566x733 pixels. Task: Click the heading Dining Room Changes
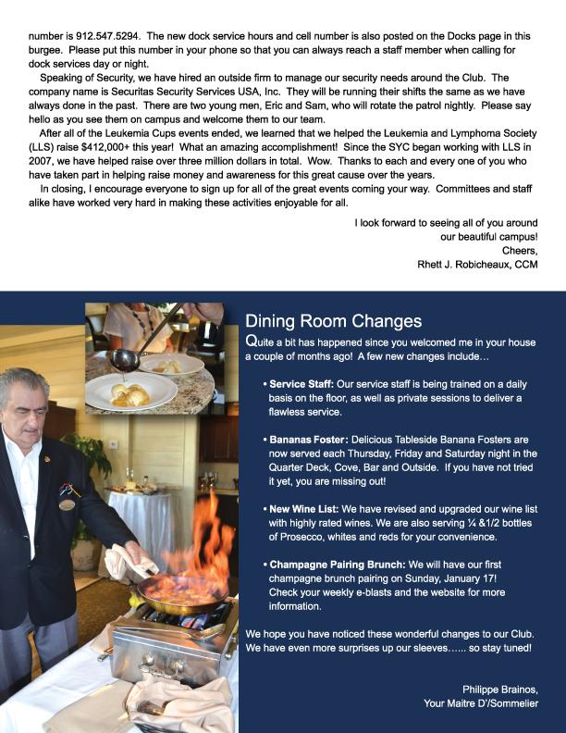click(x=333, y=321)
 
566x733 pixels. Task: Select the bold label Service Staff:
click(x=301, y=383)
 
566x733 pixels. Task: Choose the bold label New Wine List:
click(x=304, y=509)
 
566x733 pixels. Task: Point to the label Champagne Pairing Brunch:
click(x=337, y=564)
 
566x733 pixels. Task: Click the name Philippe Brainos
click(x=499, y=689)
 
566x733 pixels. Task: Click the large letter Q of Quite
click(x=252, y=342)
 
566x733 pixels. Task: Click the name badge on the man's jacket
click(x=67, y=503)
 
